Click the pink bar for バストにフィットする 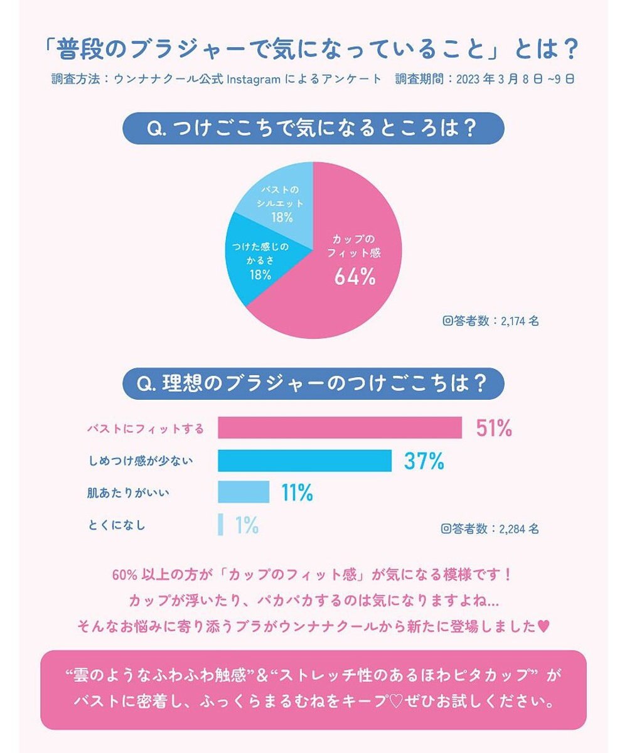(x=340, y=428)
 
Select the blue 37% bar (x=304, y=461)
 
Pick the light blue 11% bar (x=244, y=493)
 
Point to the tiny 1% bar (x=221, y=525)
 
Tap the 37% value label (x=424, y=461)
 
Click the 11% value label (x=297, y=493)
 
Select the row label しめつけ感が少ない (x=139, y=461)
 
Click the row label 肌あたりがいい (x=128, y=493)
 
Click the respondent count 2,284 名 (x=490, y=528)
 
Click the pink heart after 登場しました (x=544, y=626)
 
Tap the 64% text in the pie (x=355, y=277)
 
